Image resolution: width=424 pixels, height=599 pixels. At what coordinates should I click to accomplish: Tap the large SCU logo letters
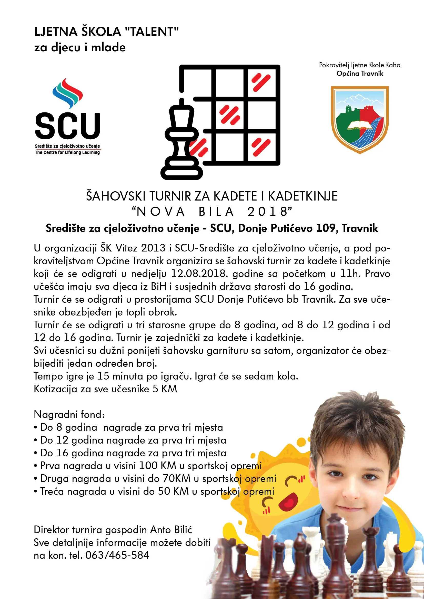tap(68, 126)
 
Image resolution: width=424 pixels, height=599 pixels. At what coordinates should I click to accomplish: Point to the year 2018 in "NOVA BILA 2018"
tap(267, 212)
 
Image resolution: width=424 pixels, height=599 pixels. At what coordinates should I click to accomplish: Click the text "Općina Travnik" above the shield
tap(360, 73)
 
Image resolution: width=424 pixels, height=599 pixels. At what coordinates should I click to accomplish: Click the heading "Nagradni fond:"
tap(69, 415)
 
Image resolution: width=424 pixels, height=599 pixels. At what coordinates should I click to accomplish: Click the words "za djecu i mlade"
tap(80, 47)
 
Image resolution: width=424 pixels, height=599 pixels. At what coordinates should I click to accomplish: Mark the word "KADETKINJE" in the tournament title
tap(303, 196)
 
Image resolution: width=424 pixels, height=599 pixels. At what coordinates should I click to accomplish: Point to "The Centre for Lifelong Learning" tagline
tap(67, 152)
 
